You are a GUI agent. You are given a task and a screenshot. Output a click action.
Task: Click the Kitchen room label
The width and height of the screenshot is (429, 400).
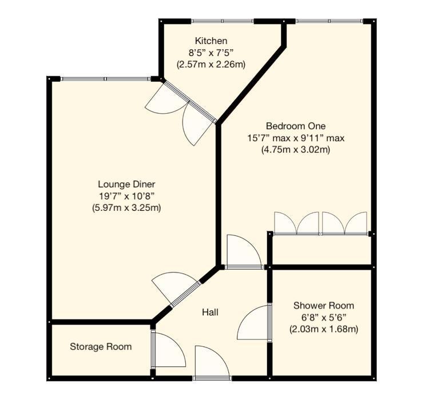[211, 41]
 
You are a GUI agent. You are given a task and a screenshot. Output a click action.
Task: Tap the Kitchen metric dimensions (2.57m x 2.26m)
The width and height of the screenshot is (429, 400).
[211, 65]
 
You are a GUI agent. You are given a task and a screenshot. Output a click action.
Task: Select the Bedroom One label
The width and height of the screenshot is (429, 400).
[296, 126]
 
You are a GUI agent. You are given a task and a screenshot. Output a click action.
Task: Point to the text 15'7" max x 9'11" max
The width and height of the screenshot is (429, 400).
[296, 138]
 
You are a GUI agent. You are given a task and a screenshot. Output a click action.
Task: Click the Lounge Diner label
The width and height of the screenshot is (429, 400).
[126, 184]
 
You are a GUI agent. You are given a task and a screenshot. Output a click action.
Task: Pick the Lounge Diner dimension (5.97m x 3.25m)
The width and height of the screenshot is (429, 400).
[126, 207]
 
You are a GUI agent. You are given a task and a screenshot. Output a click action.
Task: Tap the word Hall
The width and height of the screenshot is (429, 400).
[210, 312]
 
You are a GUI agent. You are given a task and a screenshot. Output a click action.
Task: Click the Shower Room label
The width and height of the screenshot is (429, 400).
[323, 306]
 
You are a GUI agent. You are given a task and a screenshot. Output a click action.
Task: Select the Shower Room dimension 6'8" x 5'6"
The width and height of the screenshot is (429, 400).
[323, 317]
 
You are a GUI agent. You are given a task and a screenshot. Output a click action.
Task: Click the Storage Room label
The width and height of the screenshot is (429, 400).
[101, 346]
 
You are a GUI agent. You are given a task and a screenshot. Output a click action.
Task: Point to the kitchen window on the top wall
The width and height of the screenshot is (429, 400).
[223, 21]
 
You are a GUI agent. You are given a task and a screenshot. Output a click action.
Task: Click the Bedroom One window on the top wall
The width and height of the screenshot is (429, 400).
[329, 21]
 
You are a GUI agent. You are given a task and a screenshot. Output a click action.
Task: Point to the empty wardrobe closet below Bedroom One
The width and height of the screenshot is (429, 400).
[321, 250]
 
